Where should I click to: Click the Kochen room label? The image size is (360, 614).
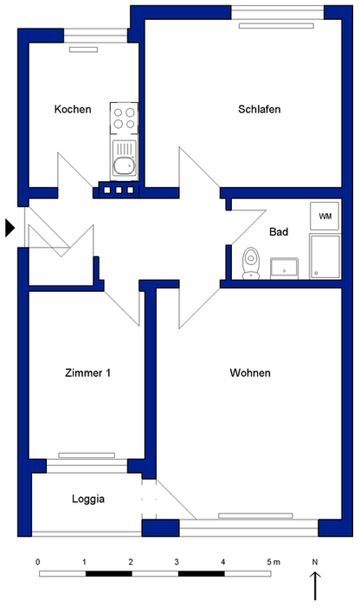tap(72, 109)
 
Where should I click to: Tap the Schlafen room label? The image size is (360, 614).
tap(260, 109)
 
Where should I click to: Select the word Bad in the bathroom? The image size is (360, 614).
tap(279, 232)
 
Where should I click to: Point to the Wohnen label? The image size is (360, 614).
tap(250, 373)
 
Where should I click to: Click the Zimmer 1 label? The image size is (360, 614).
tap(87, 373)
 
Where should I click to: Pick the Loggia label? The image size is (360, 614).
tap(88, 499)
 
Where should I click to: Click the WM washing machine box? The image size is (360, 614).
tap(325, 216)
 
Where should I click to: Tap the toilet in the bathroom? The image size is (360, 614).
tap(251, 262)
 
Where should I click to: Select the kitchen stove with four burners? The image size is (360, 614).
tap(124, 117)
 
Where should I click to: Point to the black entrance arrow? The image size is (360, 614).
tap(10, 228)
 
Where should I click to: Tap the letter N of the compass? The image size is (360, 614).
tap(316, 562)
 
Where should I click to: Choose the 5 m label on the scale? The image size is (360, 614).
tap(274, 562)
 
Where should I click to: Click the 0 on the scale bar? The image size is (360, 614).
tap(38, 562)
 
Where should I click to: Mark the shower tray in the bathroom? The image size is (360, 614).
tap(325, 256)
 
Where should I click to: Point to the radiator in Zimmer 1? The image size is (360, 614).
tap(86, 455)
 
